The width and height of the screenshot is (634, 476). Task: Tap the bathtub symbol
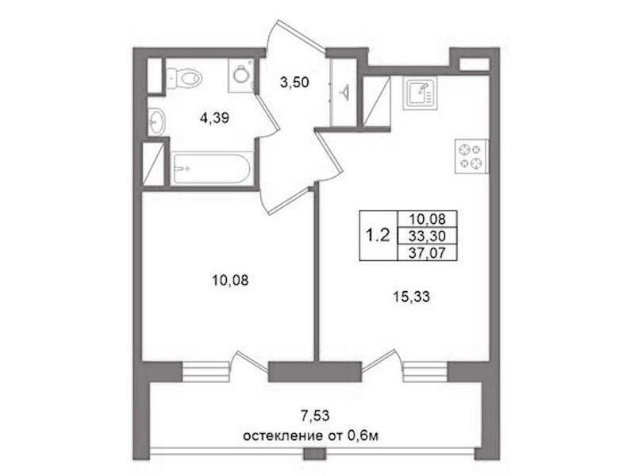212,168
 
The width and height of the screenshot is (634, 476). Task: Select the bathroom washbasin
156,121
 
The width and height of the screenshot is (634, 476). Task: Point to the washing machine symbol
241,75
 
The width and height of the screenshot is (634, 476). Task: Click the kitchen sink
420,94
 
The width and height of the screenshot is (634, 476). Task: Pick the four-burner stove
471,156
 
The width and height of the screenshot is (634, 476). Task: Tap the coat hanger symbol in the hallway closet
345,92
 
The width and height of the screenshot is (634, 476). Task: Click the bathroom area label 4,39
215,118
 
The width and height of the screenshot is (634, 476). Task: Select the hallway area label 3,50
294,83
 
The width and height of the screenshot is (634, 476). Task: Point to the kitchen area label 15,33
412,297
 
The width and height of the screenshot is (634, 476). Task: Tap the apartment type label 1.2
378,235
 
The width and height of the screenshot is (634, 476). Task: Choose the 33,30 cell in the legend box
428,236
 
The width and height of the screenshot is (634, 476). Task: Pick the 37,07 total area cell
428,252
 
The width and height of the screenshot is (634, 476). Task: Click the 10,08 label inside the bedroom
230,280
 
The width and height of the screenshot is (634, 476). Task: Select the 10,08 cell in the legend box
428,219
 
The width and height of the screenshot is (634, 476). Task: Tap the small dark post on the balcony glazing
314,453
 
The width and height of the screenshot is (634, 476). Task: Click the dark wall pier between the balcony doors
314,371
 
